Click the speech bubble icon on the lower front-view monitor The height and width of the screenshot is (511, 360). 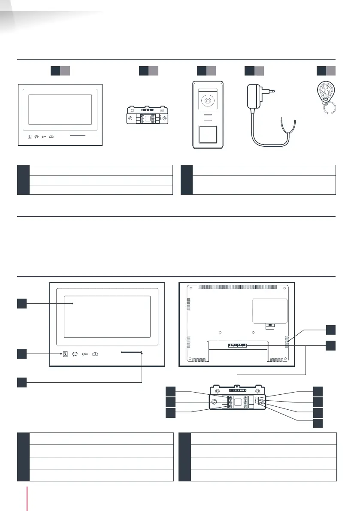[75, 354]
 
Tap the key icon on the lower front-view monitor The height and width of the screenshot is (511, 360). [85, 354]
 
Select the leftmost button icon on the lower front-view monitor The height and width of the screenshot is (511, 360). [65, 354]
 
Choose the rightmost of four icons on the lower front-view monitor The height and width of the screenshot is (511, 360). [96, 354]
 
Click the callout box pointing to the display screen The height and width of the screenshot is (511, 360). [22, 304]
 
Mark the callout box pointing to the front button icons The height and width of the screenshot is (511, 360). [22, 354]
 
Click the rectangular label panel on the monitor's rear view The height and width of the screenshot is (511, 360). [269, 311]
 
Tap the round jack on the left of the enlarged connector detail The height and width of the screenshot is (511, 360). [214, 402]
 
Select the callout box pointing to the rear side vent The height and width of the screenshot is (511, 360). [330, 330]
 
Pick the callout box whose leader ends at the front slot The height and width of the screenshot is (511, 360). [22, 381]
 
